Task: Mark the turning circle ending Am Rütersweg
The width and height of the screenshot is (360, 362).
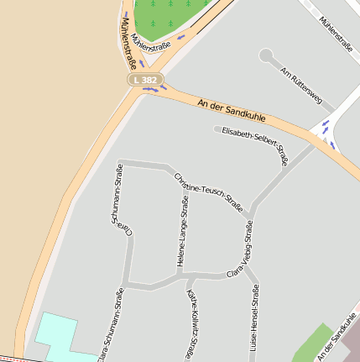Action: (x=266, y=56)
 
